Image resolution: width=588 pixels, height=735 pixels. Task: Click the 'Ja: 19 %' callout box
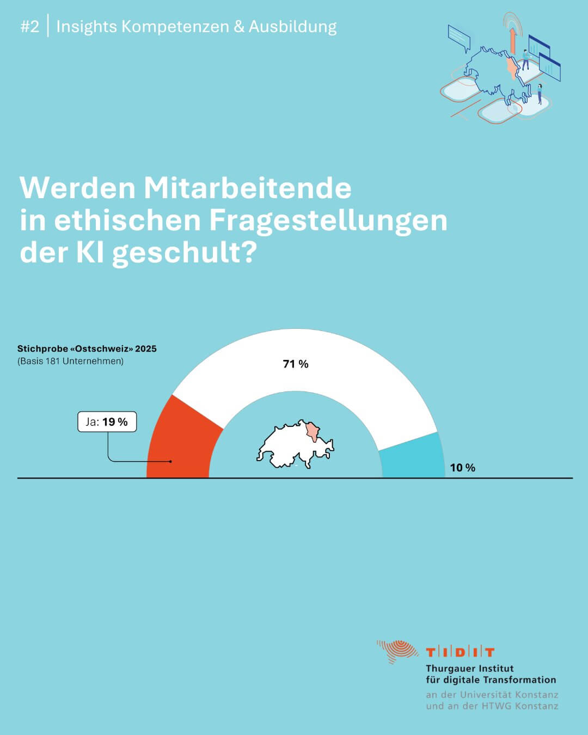(107, 422)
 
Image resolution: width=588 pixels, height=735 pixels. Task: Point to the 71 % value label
(296, 364)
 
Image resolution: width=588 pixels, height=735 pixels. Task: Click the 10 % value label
(462, 468)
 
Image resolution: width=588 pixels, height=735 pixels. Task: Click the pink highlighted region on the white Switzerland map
(314, 431)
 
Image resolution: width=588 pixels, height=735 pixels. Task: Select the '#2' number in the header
(30, 26)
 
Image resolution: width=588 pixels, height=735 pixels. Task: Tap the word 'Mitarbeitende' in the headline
(247, 188)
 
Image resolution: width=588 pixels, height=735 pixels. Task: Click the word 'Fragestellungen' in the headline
(328, 220)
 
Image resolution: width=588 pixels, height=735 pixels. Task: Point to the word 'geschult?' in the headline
(184, 253)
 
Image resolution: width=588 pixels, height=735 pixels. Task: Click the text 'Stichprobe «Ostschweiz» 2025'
(87, 348)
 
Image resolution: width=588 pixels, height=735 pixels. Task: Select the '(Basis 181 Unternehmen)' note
(71, 361)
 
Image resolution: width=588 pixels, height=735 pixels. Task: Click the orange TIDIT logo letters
(460, 652)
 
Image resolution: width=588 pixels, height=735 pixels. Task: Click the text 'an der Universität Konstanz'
(492, 695)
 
